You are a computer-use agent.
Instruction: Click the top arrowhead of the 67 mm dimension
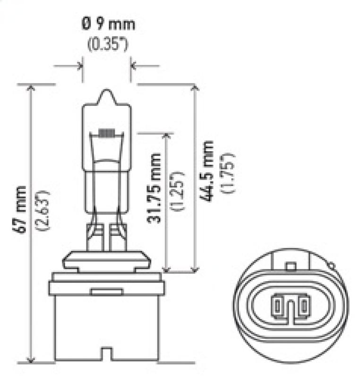click(x=31, y=89)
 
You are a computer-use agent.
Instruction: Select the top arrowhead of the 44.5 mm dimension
click(x=194, y=89)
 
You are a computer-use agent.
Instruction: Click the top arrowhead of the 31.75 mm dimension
click(x=166, y=137)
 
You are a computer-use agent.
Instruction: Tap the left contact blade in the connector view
click(x=275, y=307)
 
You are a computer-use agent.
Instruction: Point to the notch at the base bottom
click(x=106, y=359)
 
